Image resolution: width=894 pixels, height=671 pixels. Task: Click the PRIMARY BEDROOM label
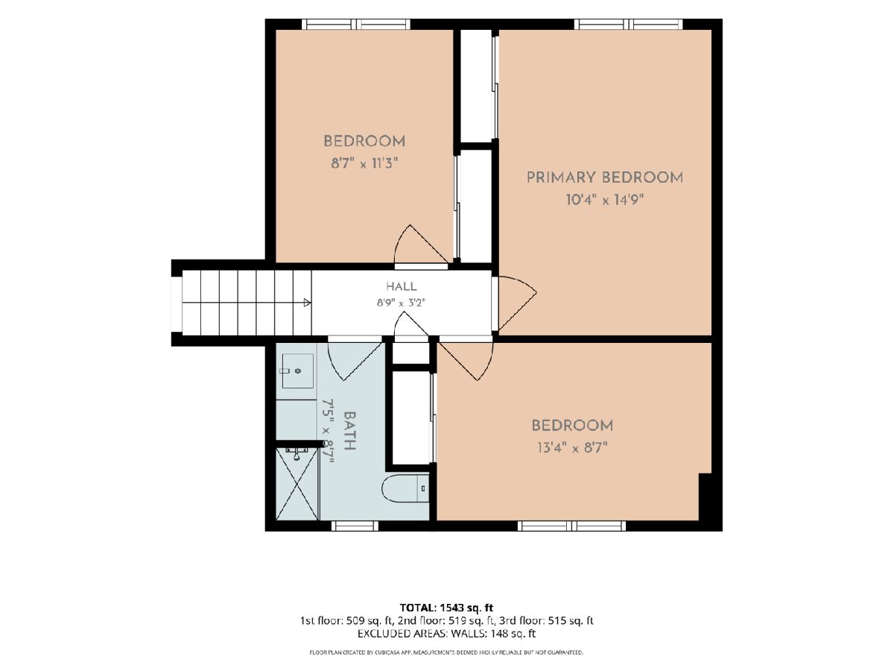[x=604, y=177]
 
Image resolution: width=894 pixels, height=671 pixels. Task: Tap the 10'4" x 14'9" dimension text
[x=604, y=200]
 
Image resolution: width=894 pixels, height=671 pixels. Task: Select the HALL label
[x=401, y=286]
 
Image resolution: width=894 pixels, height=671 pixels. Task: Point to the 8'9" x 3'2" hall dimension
[x=401, y=303]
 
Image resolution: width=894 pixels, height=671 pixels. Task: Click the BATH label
[x=350, y=431]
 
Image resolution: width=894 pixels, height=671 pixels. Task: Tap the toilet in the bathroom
[x=405, y=488]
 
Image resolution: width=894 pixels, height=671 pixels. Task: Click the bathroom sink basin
[x=298, y=371]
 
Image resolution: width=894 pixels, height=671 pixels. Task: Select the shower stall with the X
[x=297, y=484]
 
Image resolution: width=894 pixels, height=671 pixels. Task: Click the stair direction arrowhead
[x=308, y=302]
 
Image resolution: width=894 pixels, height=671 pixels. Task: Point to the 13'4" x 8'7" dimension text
[x=572, y=448]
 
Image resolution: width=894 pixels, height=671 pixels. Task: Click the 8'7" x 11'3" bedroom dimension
[x=364, y=164]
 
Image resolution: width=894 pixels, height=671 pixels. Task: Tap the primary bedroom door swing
[x=516, y=303]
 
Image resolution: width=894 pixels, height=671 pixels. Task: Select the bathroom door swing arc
[x=355, y=362]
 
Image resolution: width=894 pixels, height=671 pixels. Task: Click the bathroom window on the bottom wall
[x=355, y=526]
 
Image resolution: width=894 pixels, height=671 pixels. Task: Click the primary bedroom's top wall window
[x=629, y=24]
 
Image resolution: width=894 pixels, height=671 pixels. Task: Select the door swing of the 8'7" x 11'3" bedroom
[x=421, y=244]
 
